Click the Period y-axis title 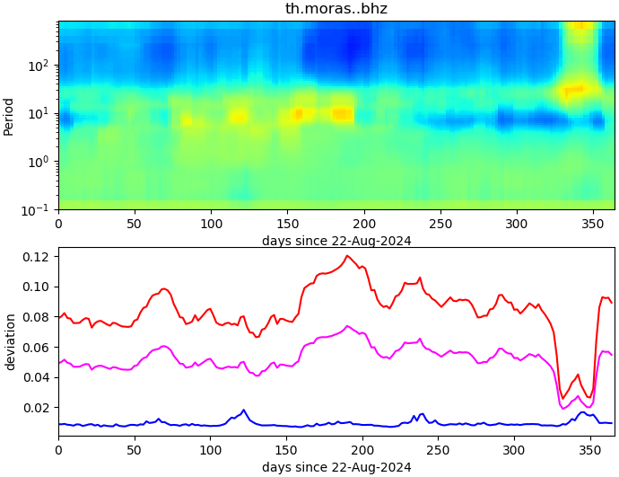click(x=9, y=116)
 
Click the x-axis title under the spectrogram click(x=336, y=241)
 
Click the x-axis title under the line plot click(x=336, y=467)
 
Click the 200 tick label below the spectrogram click(x=363, y=224)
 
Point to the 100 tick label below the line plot click(x=210, y=450)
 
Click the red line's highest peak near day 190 click(x=346, y=256)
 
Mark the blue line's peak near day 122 click(x=243, y=411)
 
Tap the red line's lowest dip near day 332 click(x=563, y=398)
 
